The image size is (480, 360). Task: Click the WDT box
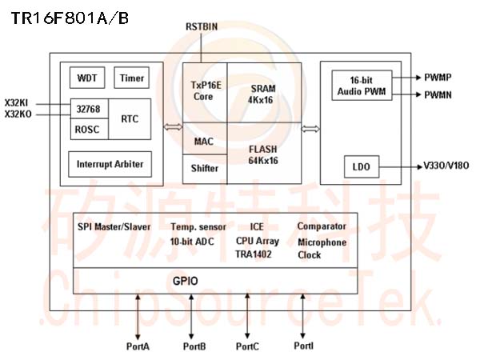click(x=87, y=78)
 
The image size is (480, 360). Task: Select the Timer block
click(x=132, y=78)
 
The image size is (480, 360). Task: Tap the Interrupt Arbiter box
click(x=110, y=164)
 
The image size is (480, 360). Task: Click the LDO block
click(x=362, y=167)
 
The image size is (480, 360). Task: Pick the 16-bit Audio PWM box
click(x=362, y=86)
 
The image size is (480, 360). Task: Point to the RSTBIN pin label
click(x=202, y=27)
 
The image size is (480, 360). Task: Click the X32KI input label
click(x=16, y=103)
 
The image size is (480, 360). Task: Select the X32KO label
click(x=18, y=114)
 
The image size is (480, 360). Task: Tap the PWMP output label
click(x=438, y=78)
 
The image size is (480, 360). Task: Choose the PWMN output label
click(x=438, y=95)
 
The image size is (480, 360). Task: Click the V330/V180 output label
click(x=446, y=166)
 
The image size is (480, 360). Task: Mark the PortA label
click(x=138, y=346)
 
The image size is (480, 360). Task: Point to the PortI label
click(x=304, y=346)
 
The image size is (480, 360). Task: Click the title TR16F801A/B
click(x=70, y=18)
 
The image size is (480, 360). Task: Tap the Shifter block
click(x=205, y=169)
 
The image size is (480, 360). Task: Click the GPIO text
click(x=186, y=281)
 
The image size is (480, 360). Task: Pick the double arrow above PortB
click(x=191, y=317)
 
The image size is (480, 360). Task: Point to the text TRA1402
click(x=253, y=254)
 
